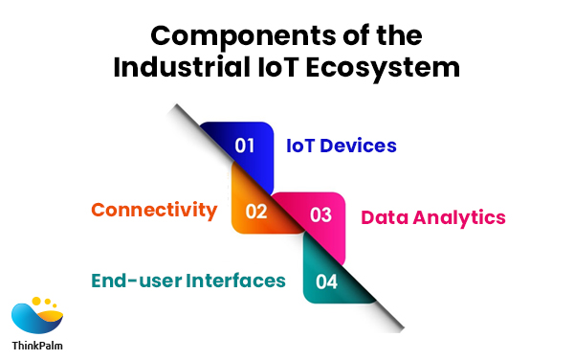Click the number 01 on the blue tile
246,146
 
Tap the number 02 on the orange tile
255,211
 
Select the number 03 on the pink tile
321,215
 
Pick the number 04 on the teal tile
327,281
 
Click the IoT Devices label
342,146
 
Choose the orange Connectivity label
154,209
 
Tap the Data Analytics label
432,217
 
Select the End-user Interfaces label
188,281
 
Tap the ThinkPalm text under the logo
38,347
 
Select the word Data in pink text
383,217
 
